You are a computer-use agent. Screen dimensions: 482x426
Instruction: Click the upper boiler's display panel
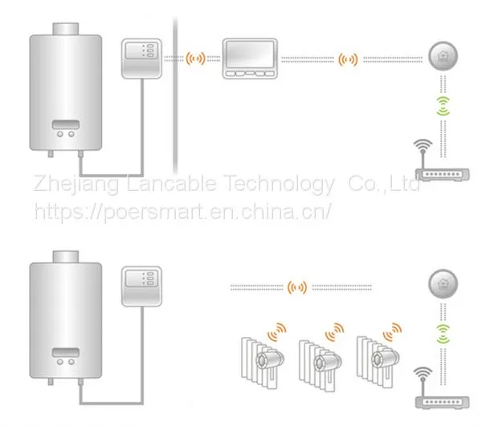pos(66,125)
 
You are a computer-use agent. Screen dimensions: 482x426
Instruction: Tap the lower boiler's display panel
pos(66,353)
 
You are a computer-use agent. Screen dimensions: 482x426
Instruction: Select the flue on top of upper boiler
pos(66,29)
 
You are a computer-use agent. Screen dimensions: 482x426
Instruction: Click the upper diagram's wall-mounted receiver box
pos(141,59)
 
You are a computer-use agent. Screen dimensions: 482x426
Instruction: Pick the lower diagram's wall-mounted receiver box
pos(141,286)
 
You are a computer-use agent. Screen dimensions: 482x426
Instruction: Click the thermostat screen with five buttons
pos(250,59)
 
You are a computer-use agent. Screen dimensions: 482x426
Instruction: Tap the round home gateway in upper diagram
pos(443,56)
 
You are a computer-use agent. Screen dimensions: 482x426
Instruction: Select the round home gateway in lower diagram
pos(443,284)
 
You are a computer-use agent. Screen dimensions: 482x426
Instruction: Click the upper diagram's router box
pos(443,174)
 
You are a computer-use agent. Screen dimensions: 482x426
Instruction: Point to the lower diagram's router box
pos(443,402)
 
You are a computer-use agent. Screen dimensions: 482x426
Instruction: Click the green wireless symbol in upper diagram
pos(443,106)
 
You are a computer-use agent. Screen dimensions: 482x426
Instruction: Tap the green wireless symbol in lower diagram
pos(443,334)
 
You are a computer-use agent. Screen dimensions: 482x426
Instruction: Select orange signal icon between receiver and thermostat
pos(195,59)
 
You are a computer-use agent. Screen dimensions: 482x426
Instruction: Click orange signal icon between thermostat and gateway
pos(348,59)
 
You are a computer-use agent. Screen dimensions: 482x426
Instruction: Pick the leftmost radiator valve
pos(270,359)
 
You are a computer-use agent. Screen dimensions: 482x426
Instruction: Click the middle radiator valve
pos(328,361)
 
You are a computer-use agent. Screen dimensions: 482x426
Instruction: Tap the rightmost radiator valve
pos(385,359)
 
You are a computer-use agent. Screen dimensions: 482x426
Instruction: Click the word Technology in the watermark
pos(279,184)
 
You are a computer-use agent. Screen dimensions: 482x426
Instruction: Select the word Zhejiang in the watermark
pos(76,184)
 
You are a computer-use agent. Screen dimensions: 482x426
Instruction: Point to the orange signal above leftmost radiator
pos(277,332)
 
